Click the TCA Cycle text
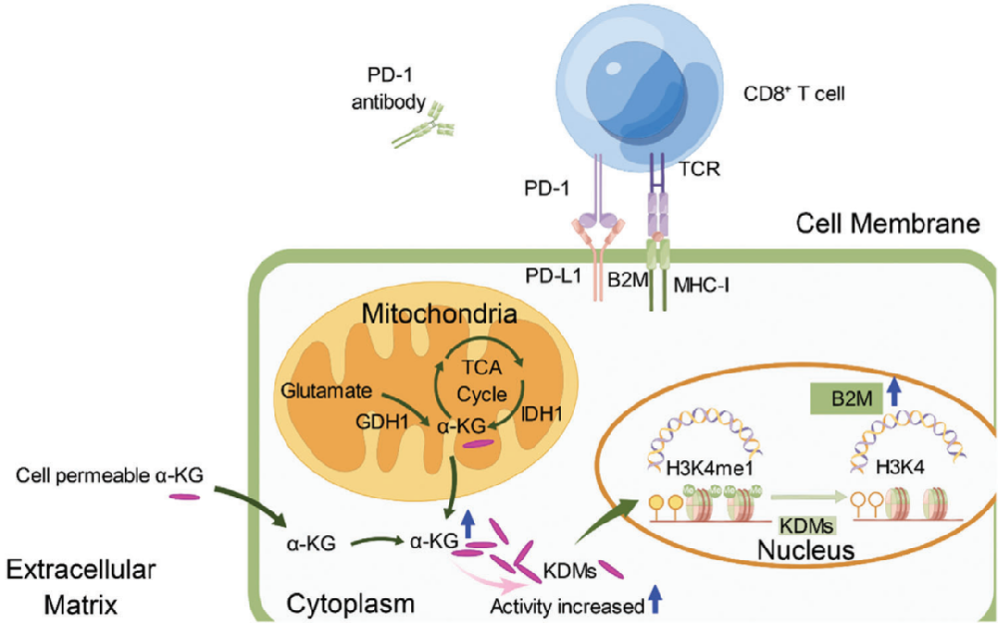pyautogui.click(x=482, y=381)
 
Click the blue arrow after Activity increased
pyautogui.click(x=655, y=597)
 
